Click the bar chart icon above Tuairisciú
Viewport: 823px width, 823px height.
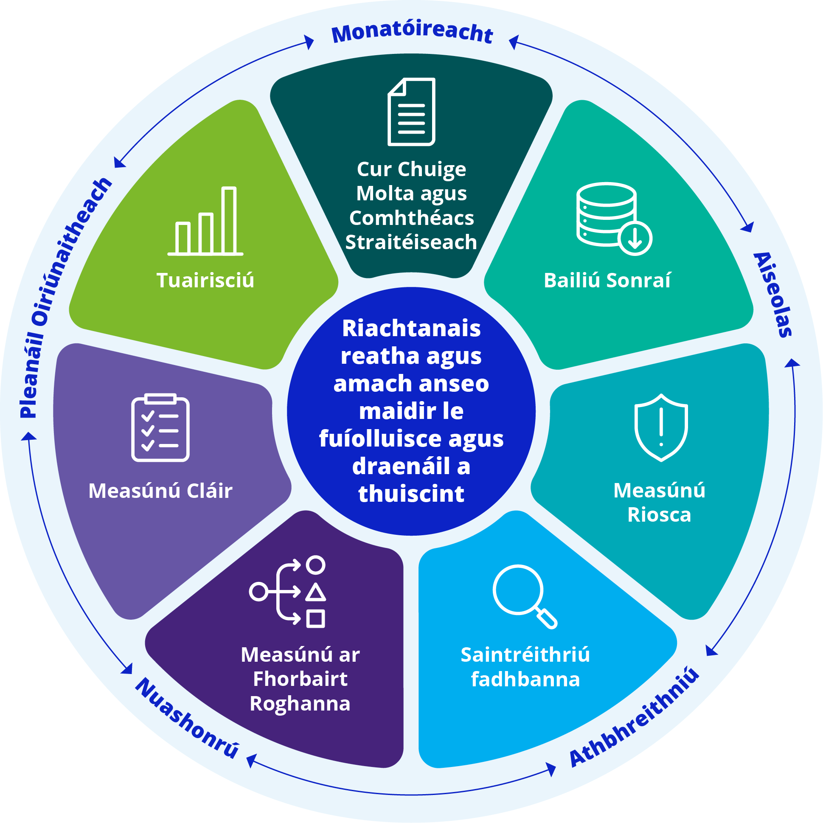tap(205, 221)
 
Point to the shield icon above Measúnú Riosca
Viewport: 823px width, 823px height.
tap(661, 428)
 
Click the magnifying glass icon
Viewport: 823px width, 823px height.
tap(524, 596)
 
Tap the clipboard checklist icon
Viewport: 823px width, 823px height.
tap(160, 428)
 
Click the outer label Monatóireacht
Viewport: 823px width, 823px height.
tap(412, 32)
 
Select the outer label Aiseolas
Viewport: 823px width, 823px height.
tap(773, 295)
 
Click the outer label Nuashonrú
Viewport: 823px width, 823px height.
tap(188, 718)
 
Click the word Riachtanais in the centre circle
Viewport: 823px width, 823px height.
tap(412, 329)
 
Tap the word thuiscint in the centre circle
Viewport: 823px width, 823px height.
tap(412, 494)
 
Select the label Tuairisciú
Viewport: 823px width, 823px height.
tap(205, 280)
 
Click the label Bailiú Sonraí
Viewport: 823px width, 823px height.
tap(607, 280)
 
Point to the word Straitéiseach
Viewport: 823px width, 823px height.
tap(411, 242)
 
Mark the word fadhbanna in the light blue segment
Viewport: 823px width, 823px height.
tap(525, 680)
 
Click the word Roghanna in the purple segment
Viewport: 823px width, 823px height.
tap(301, 704)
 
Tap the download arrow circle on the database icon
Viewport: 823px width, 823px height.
tap(635, 238)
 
